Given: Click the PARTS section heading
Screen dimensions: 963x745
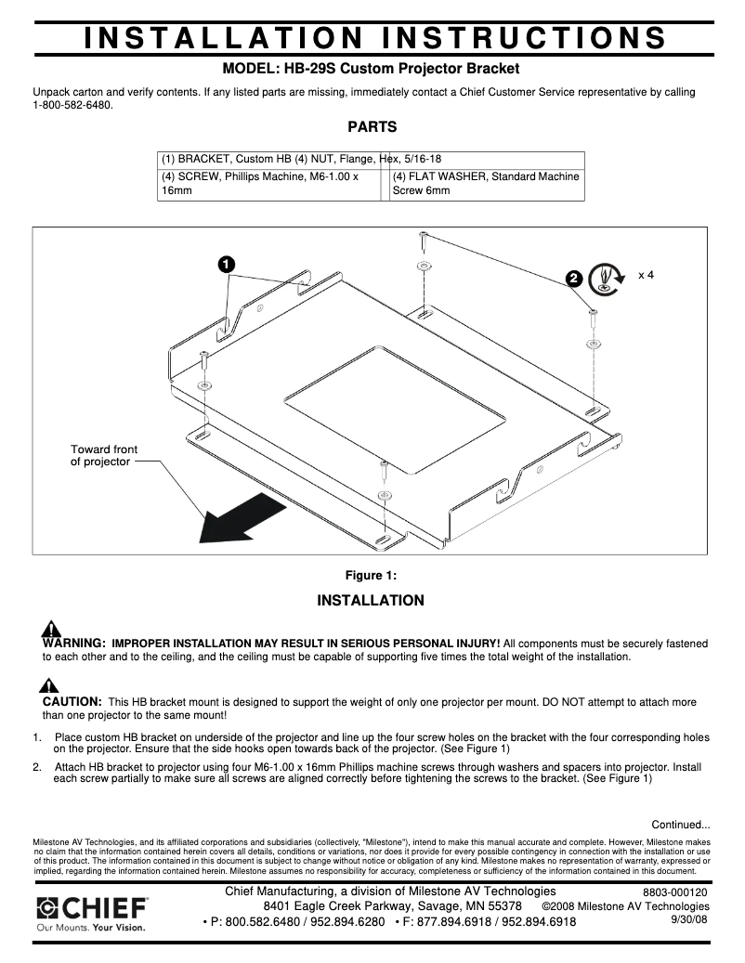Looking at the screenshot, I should click(x=372, y=127).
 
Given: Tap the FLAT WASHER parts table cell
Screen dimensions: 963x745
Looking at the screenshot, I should click(x=486, y=183).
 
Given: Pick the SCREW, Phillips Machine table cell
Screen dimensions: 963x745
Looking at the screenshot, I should click(x=268, y=183).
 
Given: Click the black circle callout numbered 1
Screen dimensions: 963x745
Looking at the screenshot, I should click(x=225, y=264).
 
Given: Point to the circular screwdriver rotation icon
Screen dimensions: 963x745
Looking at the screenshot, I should click(x=608, y=277).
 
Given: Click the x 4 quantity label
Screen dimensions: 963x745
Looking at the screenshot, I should click(x=647, y=276).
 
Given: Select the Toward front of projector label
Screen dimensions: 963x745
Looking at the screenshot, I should click(x=104, y=455).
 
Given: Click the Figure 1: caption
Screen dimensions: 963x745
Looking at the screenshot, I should click(x=371, y=575).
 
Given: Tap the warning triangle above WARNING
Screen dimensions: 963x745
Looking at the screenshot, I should click(x=52, y=628).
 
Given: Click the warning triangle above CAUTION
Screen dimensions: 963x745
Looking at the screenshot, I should click(x=48, y=686).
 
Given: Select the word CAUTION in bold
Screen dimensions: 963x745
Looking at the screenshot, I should click(x=72, y=702).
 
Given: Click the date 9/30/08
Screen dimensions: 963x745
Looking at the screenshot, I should click(x=688, y=919).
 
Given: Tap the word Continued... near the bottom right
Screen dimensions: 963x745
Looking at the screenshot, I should click(x=680, y=824).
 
